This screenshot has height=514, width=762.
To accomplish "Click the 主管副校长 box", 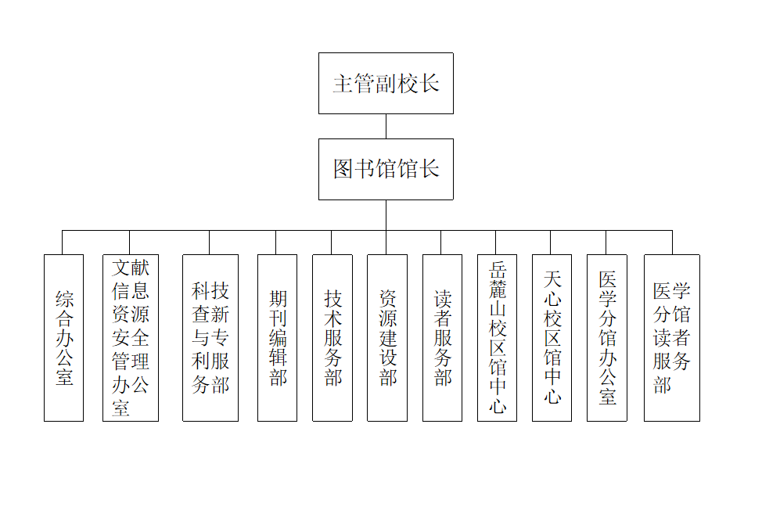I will tap(386, 83).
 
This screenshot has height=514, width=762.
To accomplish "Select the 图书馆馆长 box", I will tap(386, 169).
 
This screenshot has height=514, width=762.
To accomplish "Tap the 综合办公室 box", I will tap(63, 337).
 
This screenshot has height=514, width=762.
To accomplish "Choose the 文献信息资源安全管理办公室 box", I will tap(131, 337).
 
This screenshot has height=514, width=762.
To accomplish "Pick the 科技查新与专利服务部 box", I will tap(210, 337).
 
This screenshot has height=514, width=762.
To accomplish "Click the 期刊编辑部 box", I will tap(277, 337).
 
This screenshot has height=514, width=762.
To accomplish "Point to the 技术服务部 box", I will tap(332, 337).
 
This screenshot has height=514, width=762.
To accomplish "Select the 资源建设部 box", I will tap(387, 337).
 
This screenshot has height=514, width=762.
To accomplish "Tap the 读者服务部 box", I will tap(442, 337).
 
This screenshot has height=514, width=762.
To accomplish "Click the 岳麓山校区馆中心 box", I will tap(497, 337).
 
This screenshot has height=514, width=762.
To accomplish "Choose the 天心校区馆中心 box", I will tap(552, 337).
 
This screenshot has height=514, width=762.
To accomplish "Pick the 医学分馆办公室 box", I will tap(607, 337).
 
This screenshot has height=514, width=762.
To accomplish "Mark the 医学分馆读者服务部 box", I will tap(672, 337).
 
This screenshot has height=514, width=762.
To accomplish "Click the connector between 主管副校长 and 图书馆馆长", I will tap(386, 126).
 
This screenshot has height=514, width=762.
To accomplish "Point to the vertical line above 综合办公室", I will tap(63, 243).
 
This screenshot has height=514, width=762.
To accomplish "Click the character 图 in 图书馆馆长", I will tap(343, 169).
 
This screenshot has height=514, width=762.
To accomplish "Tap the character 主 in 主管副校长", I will tap(342, 84).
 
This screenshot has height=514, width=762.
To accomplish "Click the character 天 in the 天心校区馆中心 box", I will tap(552, 279).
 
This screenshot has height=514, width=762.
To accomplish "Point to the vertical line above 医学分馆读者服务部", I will tap(672, 243).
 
